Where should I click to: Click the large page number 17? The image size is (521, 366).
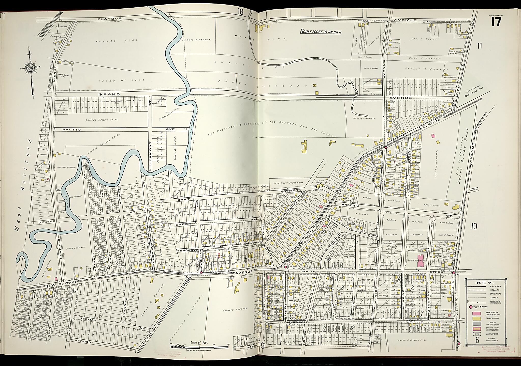point(496,22)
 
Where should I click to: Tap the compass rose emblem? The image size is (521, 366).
point(30,68)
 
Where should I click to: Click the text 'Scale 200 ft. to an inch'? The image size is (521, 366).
point(321,32)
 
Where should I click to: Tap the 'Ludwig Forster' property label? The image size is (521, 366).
point(235,309)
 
